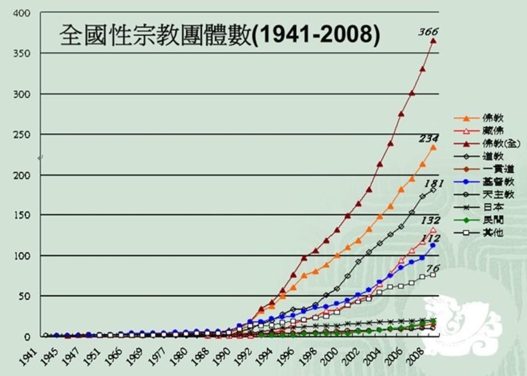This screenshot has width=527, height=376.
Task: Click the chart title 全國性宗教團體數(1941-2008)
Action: (x=220, y=35)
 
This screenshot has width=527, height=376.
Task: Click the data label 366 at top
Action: (x=428, y=32)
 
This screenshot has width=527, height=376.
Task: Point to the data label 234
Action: (x=428, y=139)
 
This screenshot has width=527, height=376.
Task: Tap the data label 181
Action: (x=434, y=184)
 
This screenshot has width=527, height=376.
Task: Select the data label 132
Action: (x=430, y=221)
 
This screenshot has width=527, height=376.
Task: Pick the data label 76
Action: (x=433, y=269)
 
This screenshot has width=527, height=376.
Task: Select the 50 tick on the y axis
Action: (x=24, y=296)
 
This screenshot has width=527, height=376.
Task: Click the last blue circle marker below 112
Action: (x=433, y=245)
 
